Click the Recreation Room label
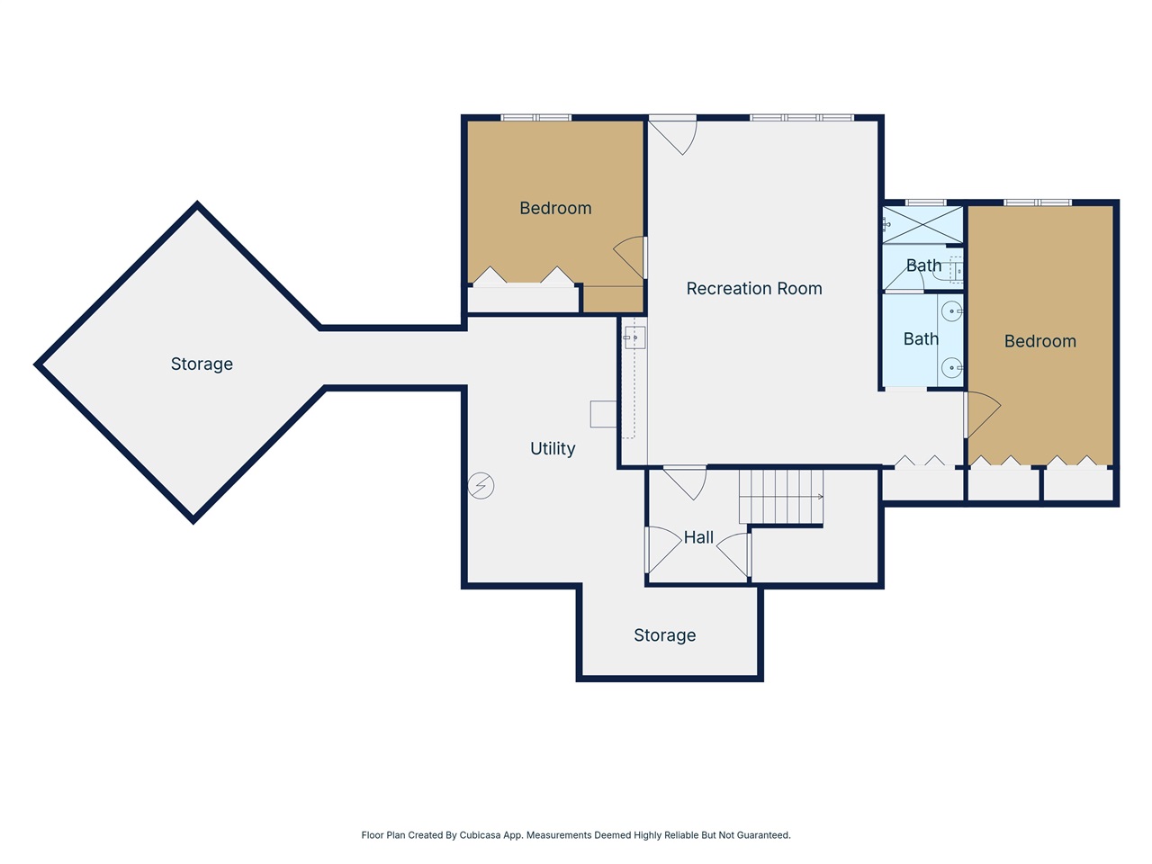pos(754,289)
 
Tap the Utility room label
pos(553,448)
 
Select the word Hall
pos(698,537)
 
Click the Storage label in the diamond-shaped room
pos(202,364)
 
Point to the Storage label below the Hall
pos(664,635)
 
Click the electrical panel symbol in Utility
pos(481,486)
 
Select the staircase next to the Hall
pos(780,496)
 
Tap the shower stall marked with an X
pos(922,225)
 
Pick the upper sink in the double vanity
pos(951,312)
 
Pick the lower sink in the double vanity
pos(951,367)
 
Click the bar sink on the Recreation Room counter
pos(634,337)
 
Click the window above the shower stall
pos(925,202)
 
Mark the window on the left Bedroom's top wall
pos(535,118)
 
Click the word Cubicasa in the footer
pos(490,835)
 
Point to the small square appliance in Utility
pos(603,414)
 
